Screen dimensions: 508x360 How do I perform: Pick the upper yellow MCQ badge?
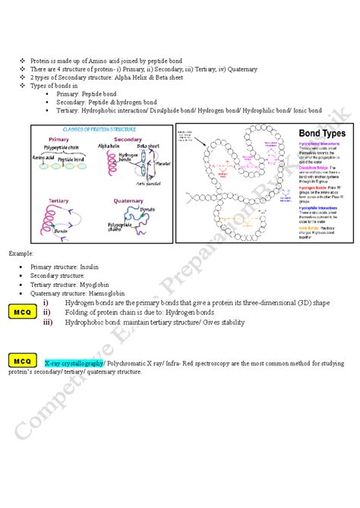(x=22, y=311)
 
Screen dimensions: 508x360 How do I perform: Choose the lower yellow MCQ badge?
(x=22, y=361)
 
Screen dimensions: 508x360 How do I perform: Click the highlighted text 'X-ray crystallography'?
(x=74, y=364)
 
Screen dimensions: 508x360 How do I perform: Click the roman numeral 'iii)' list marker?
(x=48, y=321)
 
